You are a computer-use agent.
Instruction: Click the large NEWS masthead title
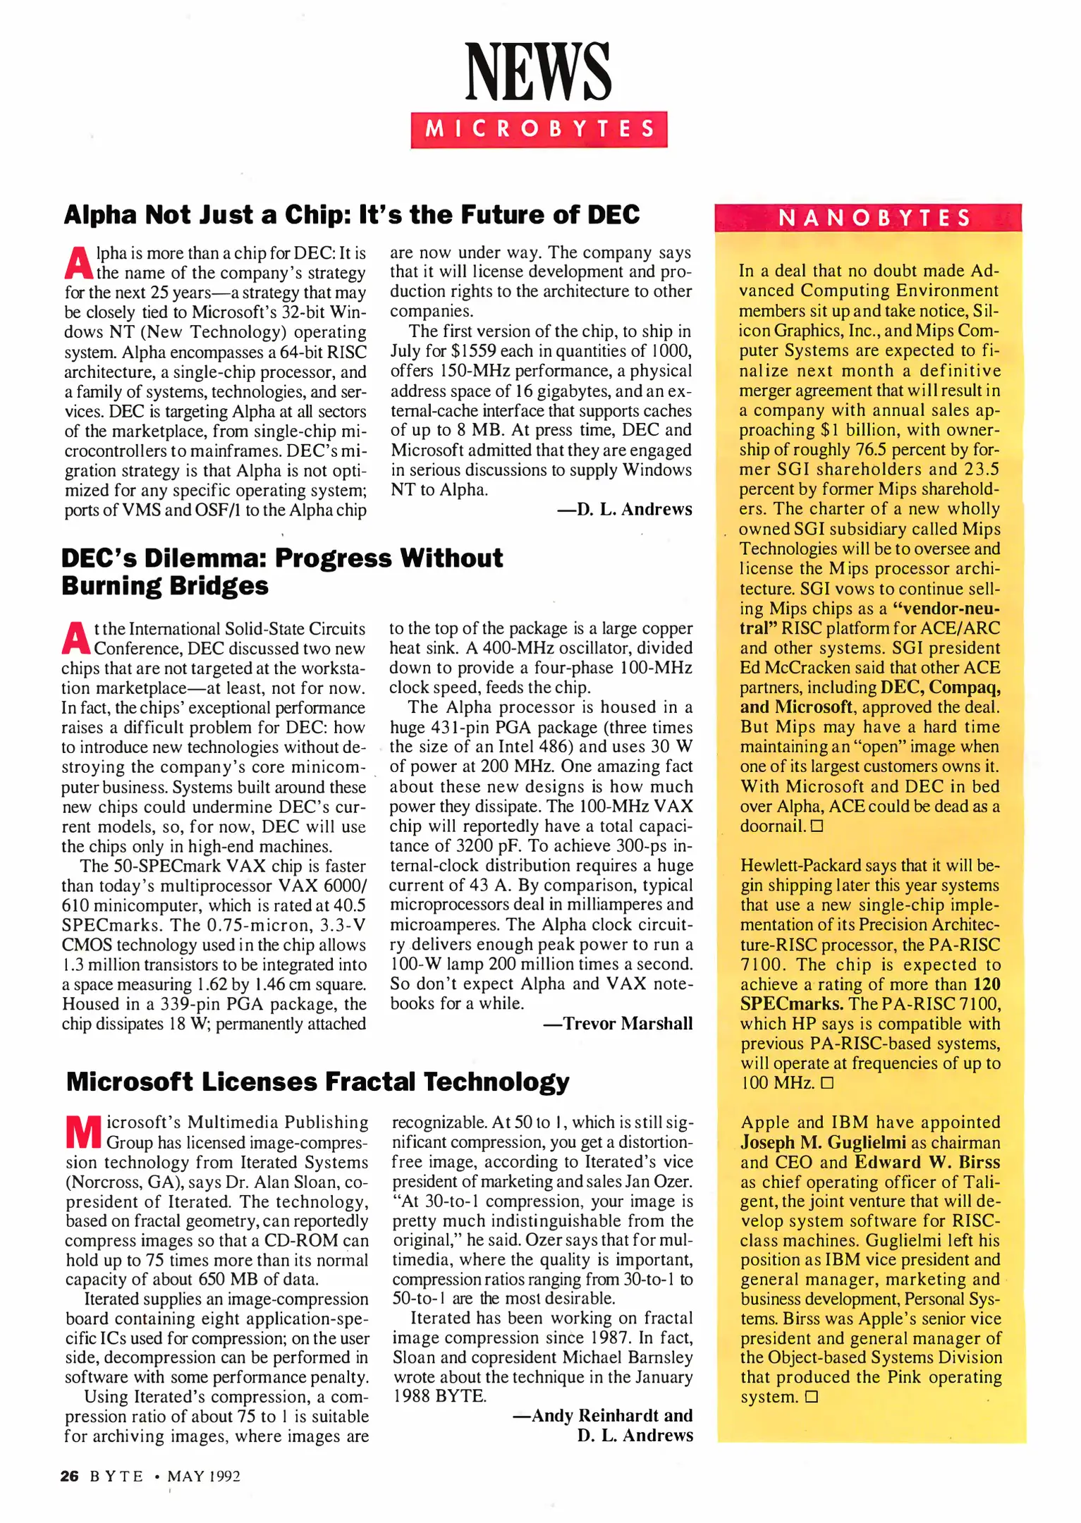[538, 72]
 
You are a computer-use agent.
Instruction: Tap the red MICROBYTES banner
[539, 129]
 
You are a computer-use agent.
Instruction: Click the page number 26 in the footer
[69, 1476]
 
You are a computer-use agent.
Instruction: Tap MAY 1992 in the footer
[204, 1476]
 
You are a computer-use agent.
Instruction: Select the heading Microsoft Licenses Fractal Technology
[317, 1082]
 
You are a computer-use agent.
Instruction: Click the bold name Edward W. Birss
[927, 1162]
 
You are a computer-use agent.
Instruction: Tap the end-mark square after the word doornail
[817, 826]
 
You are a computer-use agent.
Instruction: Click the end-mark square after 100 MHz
[827, 1083]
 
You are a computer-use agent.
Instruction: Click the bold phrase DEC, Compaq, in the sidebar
[940, 687]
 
